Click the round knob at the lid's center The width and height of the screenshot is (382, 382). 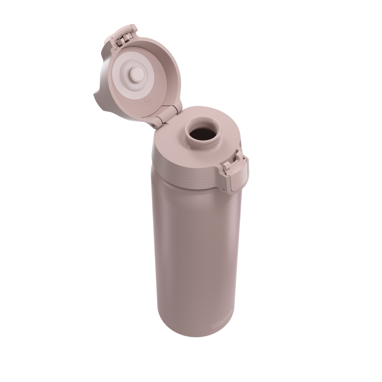(137, 74)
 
